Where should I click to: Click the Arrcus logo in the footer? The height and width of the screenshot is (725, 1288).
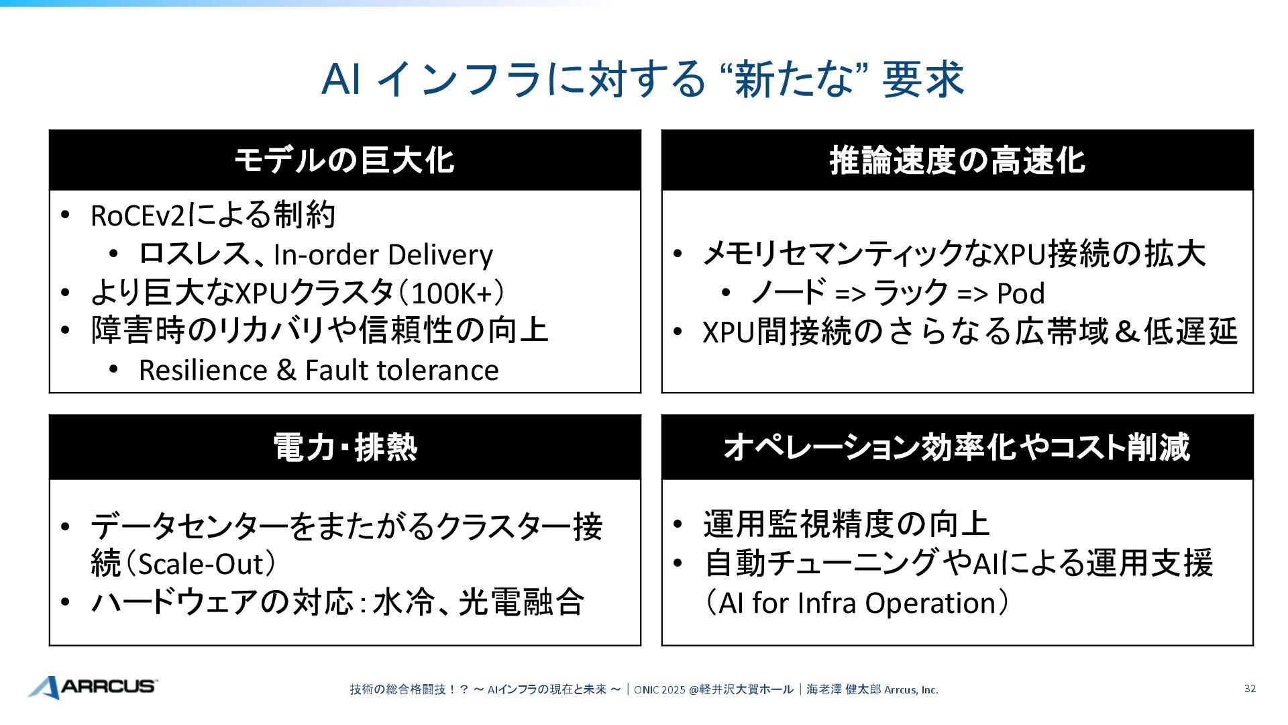(93, 687)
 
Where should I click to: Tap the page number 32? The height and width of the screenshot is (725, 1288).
(1250, 688)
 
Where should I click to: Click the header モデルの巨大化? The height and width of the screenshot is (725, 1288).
(344, 160)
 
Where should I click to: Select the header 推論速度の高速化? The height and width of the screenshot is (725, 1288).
(957, 160)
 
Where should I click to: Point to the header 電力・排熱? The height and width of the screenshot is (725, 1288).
(344, 447)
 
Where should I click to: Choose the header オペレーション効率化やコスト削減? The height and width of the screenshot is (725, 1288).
(957, 447)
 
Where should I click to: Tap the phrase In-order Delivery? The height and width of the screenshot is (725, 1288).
(383, 255)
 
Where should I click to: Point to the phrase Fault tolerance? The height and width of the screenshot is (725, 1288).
(402, 371)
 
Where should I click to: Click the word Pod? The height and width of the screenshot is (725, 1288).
(1021, 293)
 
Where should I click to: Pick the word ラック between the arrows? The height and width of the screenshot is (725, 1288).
(911, 293)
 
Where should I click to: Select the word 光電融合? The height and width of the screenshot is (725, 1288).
(521, 602)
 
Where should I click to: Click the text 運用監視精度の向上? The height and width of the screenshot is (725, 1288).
(847, 524)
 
